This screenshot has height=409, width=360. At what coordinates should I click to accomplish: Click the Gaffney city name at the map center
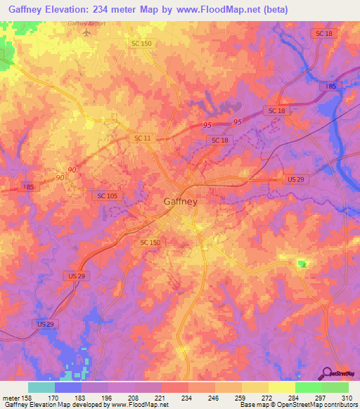pyautogui.click(x=181, y=201)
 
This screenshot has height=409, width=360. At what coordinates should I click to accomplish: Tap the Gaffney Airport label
pyautogui.click(x=86, y=22)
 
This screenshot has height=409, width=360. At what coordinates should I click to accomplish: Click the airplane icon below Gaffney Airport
pyautogui.click(x=86, y=32)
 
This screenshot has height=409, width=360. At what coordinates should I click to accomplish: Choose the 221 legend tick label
pyautogui.click(x=162, y=397)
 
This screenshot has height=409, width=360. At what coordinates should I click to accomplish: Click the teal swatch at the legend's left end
pyautogui.click(x=41, y=387)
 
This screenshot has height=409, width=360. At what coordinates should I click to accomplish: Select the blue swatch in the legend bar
pyautogui.click(x=67, y=387)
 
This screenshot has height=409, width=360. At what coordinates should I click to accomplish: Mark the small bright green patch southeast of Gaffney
pyautogui.click(x=302, y=264)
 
